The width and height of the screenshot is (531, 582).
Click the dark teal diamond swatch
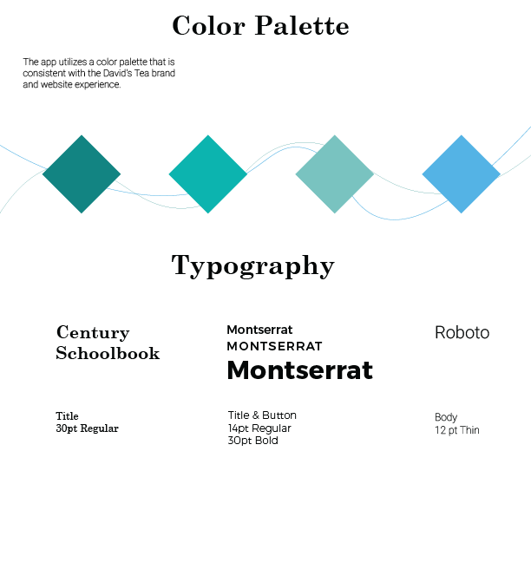(x=82, y=173)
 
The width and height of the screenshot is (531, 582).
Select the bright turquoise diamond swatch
(x=208, y=173)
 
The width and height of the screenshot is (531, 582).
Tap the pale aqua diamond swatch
(x=335, y=173)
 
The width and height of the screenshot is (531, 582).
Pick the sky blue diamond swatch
(x=462, y=173)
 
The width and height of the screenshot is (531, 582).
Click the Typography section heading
(x=252, y=265)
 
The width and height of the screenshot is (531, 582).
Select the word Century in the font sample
(x=93, y=333)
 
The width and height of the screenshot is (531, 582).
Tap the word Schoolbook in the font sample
(x=108, y=354)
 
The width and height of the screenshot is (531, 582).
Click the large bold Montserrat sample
(x=299, y=370)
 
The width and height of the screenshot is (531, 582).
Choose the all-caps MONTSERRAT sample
(x=274, y=346)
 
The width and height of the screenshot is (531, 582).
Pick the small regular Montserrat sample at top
(x=259, y=330)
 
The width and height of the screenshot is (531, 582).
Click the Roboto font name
(x=462, y=332)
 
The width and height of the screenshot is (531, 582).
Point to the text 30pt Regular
(x=87, y=428)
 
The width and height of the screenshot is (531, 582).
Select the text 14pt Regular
(x=259, y=428)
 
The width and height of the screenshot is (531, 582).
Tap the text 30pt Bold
(x=252, y=441)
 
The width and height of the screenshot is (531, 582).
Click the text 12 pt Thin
(x=456, y=430)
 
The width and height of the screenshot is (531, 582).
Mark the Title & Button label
(x=262, y=415)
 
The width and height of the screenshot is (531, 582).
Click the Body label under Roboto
(x=446, y=417)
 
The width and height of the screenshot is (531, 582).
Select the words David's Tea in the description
(x=133, y=74)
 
